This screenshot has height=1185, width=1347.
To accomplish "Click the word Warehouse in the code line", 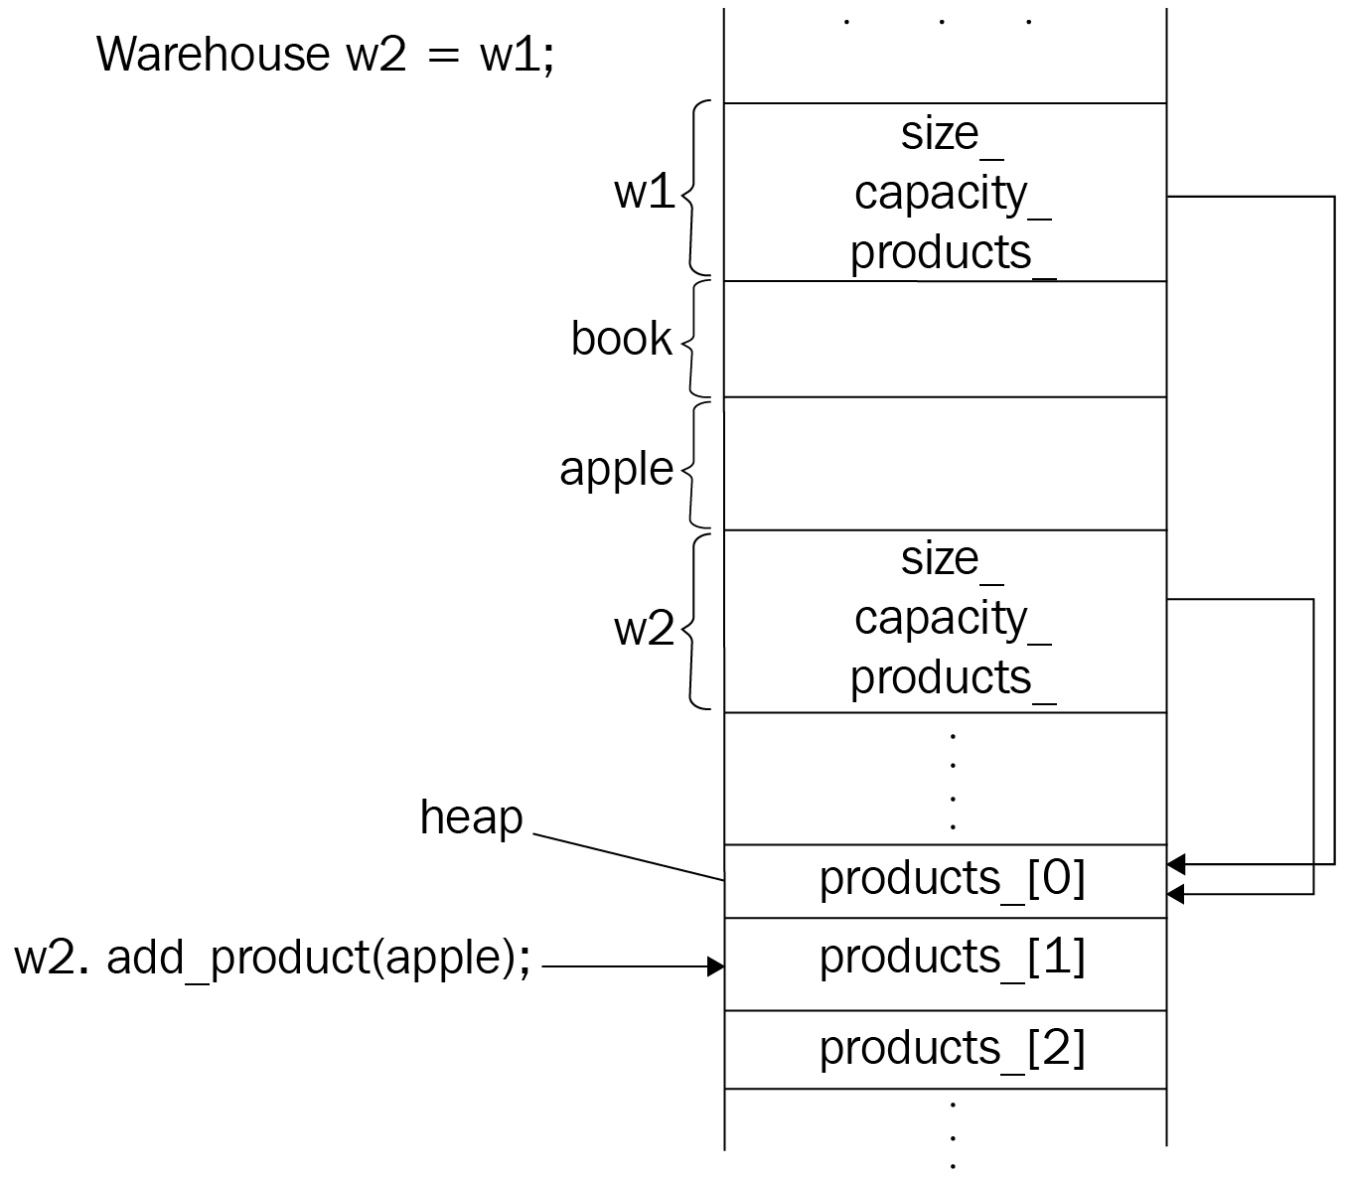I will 212,54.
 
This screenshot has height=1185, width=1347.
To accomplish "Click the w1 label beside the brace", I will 644,191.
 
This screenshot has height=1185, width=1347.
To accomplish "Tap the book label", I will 621,339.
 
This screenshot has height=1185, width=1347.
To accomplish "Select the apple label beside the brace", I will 616,468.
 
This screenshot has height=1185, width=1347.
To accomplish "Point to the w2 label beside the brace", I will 644,628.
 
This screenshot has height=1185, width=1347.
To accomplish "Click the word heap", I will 471,817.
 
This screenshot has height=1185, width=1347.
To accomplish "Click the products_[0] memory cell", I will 951,879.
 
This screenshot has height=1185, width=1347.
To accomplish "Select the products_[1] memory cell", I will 951,958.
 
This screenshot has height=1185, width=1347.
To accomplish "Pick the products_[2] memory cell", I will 951,1049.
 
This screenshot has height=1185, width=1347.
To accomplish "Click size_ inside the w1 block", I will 951,134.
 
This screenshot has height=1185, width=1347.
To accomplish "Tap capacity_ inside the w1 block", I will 951,194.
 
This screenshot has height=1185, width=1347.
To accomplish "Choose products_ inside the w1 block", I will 951,253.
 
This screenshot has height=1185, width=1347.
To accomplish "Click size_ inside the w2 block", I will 951,559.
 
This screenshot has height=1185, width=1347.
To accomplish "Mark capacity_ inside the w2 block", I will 951,619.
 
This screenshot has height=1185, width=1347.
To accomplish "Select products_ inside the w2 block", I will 951,678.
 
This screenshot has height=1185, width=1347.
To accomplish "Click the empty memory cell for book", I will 945,339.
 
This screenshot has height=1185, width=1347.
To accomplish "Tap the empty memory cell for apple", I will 945,464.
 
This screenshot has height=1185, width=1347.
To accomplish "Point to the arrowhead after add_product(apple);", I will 715,966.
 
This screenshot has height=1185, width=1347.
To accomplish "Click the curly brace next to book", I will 696,339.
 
